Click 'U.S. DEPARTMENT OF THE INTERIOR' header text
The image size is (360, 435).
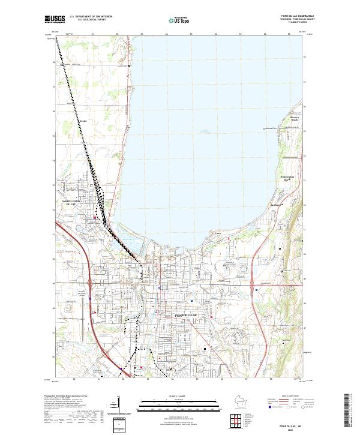[x=91, y=16]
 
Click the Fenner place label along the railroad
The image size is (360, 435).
[x=83, y=121]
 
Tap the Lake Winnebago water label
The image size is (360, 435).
[x=207, y=131]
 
